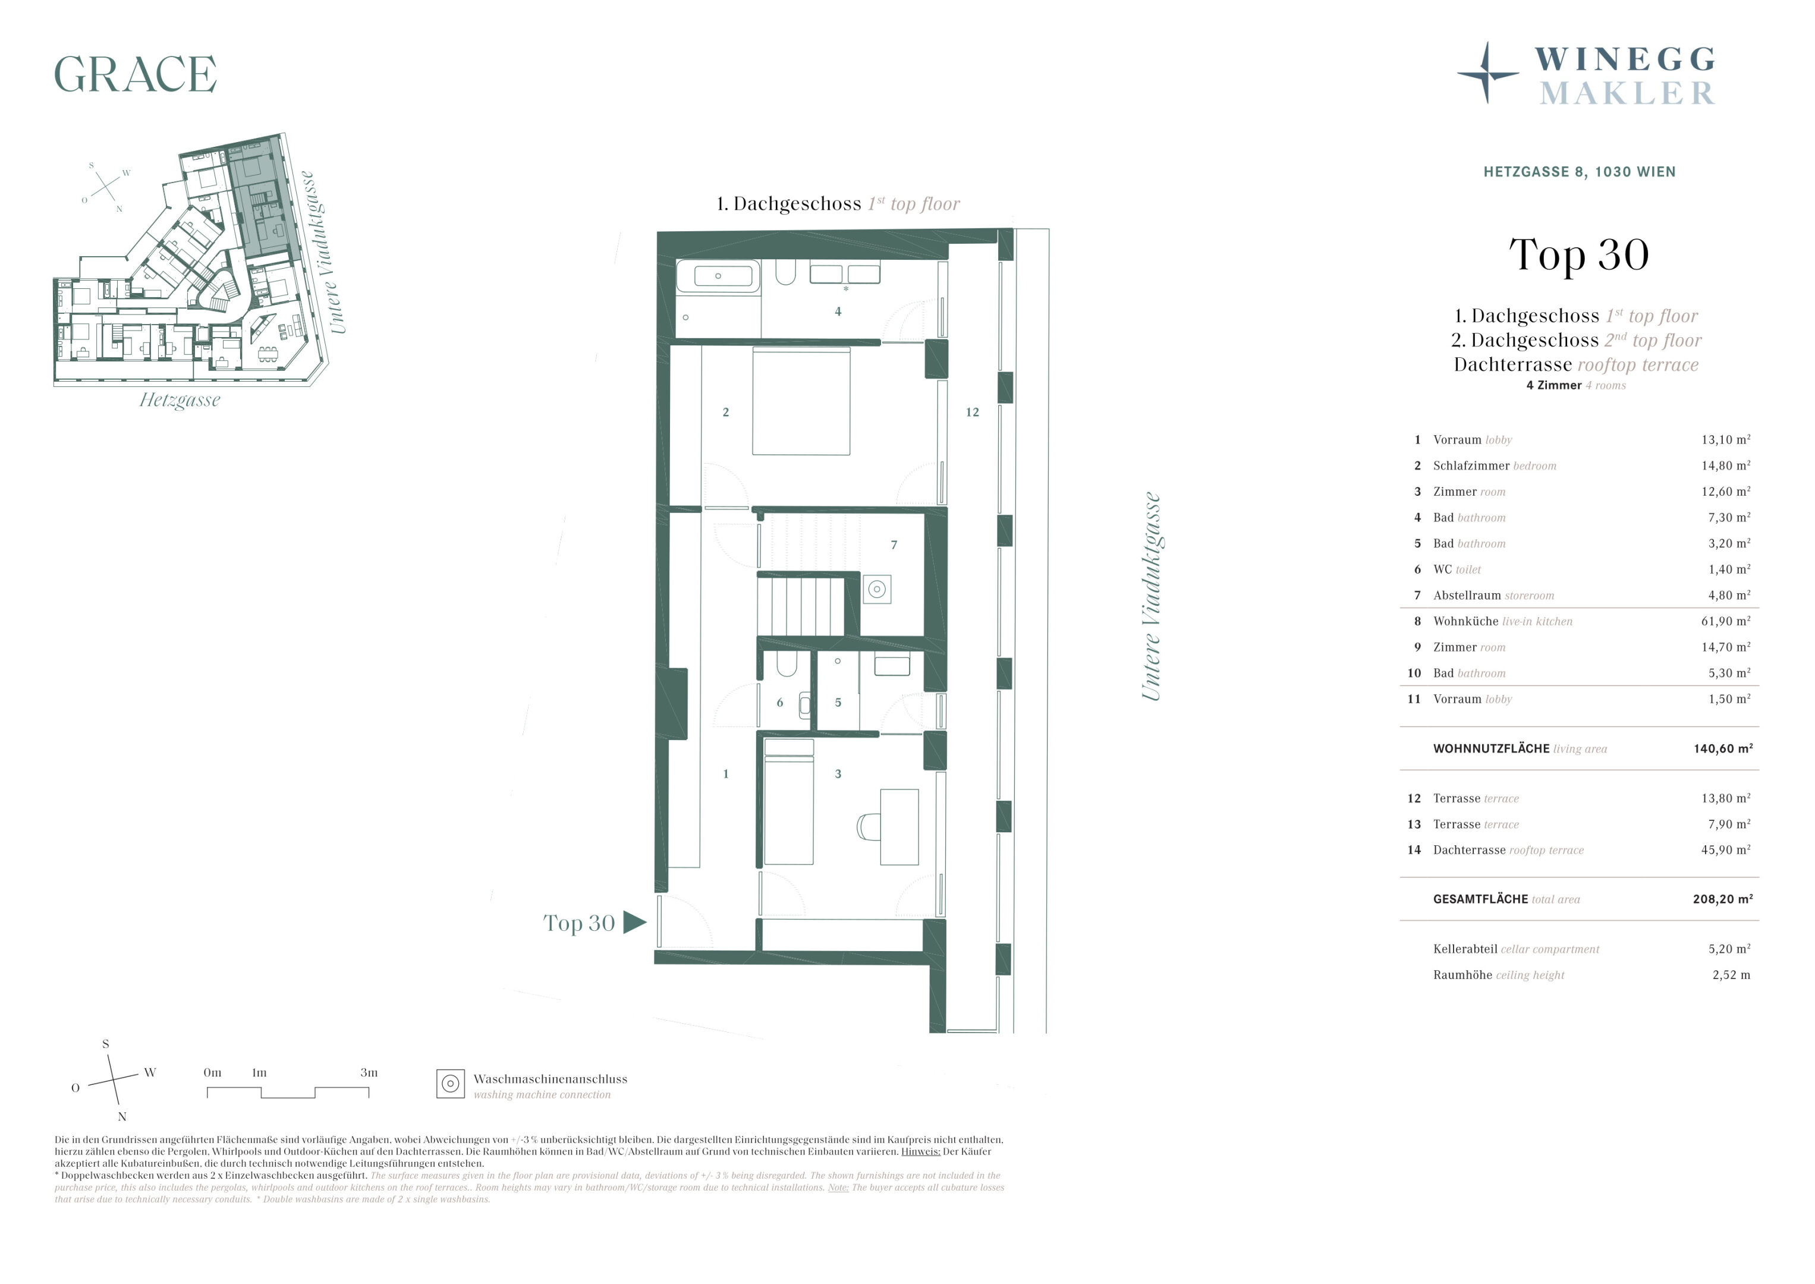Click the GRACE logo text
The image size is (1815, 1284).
point(135,74)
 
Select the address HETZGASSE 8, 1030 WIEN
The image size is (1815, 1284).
point(1580,172)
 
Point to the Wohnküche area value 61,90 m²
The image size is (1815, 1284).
point(1726,621)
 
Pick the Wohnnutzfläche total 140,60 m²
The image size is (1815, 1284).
point(1723,749)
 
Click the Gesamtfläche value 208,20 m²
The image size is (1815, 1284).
point(1723,899)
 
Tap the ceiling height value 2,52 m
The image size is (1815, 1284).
point(1731,975)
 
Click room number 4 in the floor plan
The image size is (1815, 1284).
point(838,311)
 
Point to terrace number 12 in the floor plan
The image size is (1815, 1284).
point(973,412)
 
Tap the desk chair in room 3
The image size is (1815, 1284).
point(868,827)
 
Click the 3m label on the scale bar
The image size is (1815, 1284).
point(369,1073)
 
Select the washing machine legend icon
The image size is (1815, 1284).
point(451,1084)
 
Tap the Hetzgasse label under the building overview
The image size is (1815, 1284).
point(180,400)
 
